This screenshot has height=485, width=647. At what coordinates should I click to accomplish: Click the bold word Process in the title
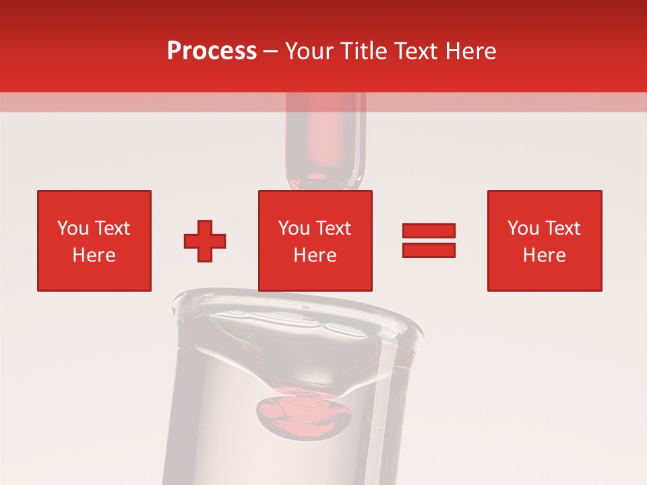[212, 51]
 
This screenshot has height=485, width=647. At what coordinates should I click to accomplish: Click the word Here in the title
[471, 51]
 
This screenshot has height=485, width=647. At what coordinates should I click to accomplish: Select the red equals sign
[429, 240]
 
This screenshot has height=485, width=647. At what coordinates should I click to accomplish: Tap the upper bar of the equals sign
[429, 231]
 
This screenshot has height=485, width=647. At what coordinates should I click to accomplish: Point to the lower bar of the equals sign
[429, 250]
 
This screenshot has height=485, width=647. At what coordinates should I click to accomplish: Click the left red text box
[94, 240]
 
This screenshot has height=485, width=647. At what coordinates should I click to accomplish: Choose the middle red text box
[315, 240]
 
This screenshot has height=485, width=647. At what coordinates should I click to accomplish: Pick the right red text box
[545, 240]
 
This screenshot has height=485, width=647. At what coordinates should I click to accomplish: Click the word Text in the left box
[112, 228]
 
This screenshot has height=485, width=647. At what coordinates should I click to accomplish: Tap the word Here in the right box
[545, 255]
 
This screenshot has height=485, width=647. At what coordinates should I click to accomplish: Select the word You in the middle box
[294, 228]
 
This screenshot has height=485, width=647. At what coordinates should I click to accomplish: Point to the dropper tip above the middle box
[325, 176]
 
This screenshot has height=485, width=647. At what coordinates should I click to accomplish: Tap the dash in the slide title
[271, 51]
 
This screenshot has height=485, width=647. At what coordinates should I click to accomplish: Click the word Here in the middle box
[315, 255]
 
